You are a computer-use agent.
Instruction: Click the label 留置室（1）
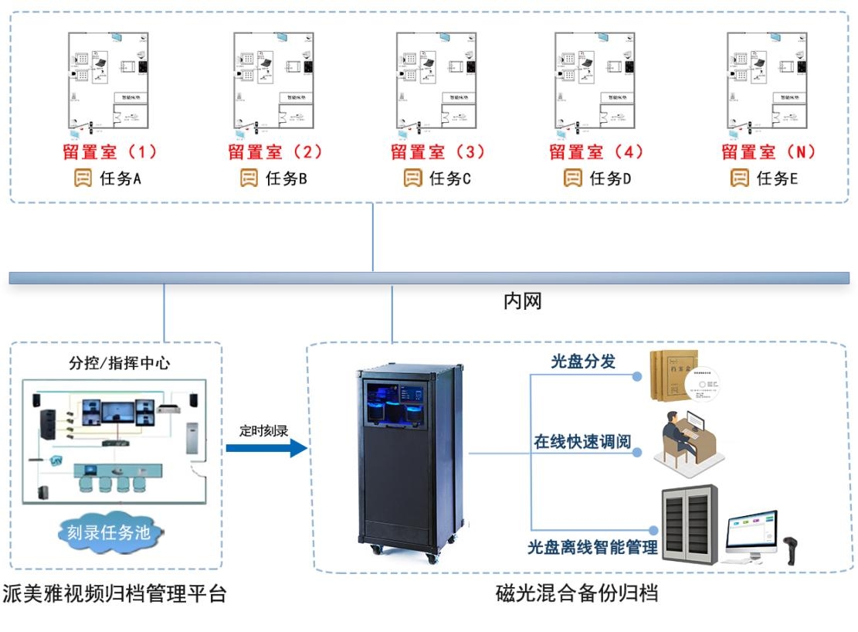(110, 151)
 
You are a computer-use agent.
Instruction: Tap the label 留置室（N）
(768, 151)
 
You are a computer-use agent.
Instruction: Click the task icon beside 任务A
(83, 178)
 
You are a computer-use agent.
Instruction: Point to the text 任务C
(449, 178)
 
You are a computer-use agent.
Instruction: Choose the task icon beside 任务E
(740, 178)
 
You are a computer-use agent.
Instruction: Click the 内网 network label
(522, 301)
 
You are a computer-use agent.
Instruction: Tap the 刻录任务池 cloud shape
(113, 532)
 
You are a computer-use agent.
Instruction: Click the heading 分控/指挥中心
(118, 362)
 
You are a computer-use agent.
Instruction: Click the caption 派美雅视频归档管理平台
(114, 593)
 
